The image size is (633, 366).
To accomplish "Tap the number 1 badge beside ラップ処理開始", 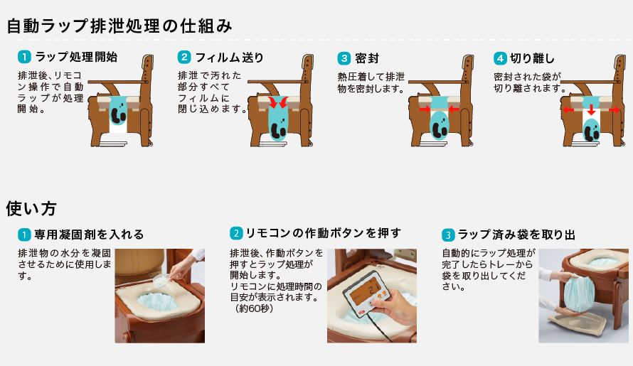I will pyautogui.click(x=23, y=57).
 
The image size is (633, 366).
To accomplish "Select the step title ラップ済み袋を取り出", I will pyautogui.click(x=516, y=234).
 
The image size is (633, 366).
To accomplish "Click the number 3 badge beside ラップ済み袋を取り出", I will pyautogui.click(x=448, y=234).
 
